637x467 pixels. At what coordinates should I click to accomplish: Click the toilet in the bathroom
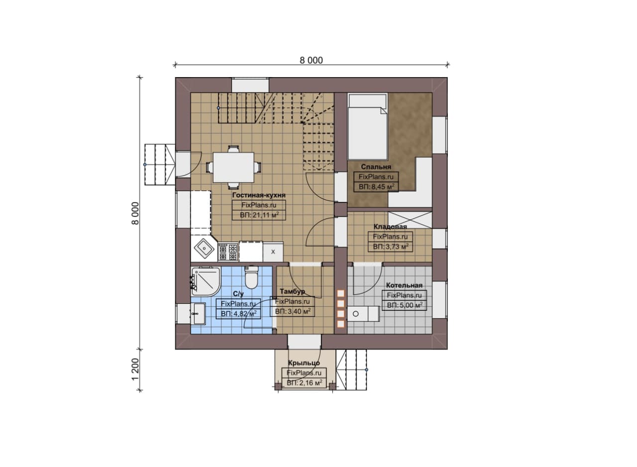pyautogui.click(x=251, y=277)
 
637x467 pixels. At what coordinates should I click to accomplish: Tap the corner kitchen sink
pyautogui.click(x=204, y=249)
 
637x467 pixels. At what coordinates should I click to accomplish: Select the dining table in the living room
pyautogui.click(x=233, y=167)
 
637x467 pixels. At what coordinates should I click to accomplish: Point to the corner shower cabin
pyautogui.click(x=206, y=282)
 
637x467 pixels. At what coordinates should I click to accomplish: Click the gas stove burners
pyautogui.click(x=228, y=252)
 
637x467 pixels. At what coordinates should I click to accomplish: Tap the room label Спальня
pyautogui.click(x=376, y=167)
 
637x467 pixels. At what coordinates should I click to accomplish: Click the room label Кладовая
pyautogui.click(x=390, y=226)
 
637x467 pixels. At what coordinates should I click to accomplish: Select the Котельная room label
pyautogui.click(x=404, y=285)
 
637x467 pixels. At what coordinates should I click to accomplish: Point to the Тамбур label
pyautogui.click(x=292, y=291)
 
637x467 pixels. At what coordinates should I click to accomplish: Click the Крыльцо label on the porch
pyautogui.click(x=304, y=363)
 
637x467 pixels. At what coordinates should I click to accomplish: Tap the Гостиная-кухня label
pyautogui.click(x=259, y=195)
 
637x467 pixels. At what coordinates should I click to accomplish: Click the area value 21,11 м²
pyautogui.click(x=259, y=215)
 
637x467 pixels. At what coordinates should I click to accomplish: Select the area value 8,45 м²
pyautogui.click(x=377, y=187)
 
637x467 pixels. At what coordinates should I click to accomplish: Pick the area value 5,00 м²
pyautogui.click(x=405, y=305)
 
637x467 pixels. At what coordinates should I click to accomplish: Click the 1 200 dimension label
pyautogui.click(x=136, y=369)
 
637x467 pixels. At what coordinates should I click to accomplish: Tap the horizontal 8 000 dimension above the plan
pyautogui.click(x=311, y=60)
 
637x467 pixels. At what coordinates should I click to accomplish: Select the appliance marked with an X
pyautogui.click(x=273, y=252)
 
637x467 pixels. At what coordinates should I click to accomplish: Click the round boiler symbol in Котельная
pyautogui.click(x=355, y=314)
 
